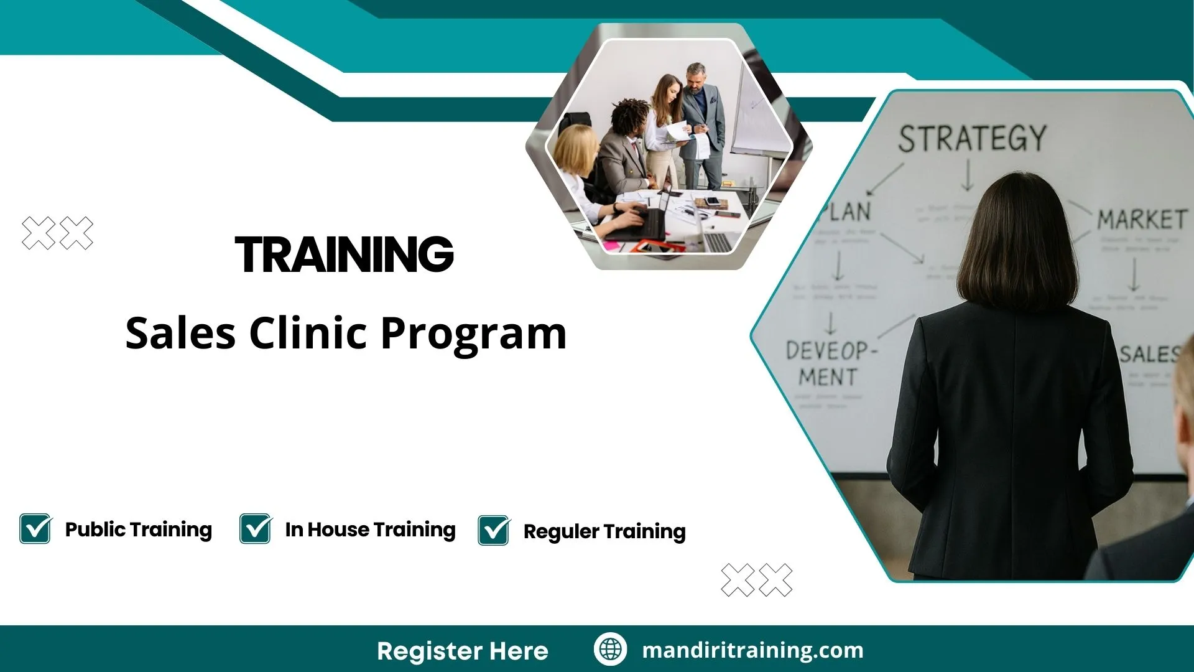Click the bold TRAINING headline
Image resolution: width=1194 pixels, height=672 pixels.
345,254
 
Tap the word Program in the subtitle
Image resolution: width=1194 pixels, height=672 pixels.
473,334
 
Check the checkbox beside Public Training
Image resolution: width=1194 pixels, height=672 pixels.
35,529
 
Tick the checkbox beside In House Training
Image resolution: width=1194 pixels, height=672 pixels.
256,529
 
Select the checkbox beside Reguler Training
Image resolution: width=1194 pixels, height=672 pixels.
494,531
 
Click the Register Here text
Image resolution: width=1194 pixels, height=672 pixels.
462,651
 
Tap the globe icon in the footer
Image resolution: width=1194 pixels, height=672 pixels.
610,650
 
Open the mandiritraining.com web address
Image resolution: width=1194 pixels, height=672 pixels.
752,650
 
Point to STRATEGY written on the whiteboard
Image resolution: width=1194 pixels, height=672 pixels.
972,138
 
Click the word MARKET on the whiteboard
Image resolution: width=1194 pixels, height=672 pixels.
1141,220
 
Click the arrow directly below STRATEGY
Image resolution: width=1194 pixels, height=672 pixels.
967,175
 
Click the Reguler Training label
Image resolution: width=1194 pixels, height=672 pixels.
604,531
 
